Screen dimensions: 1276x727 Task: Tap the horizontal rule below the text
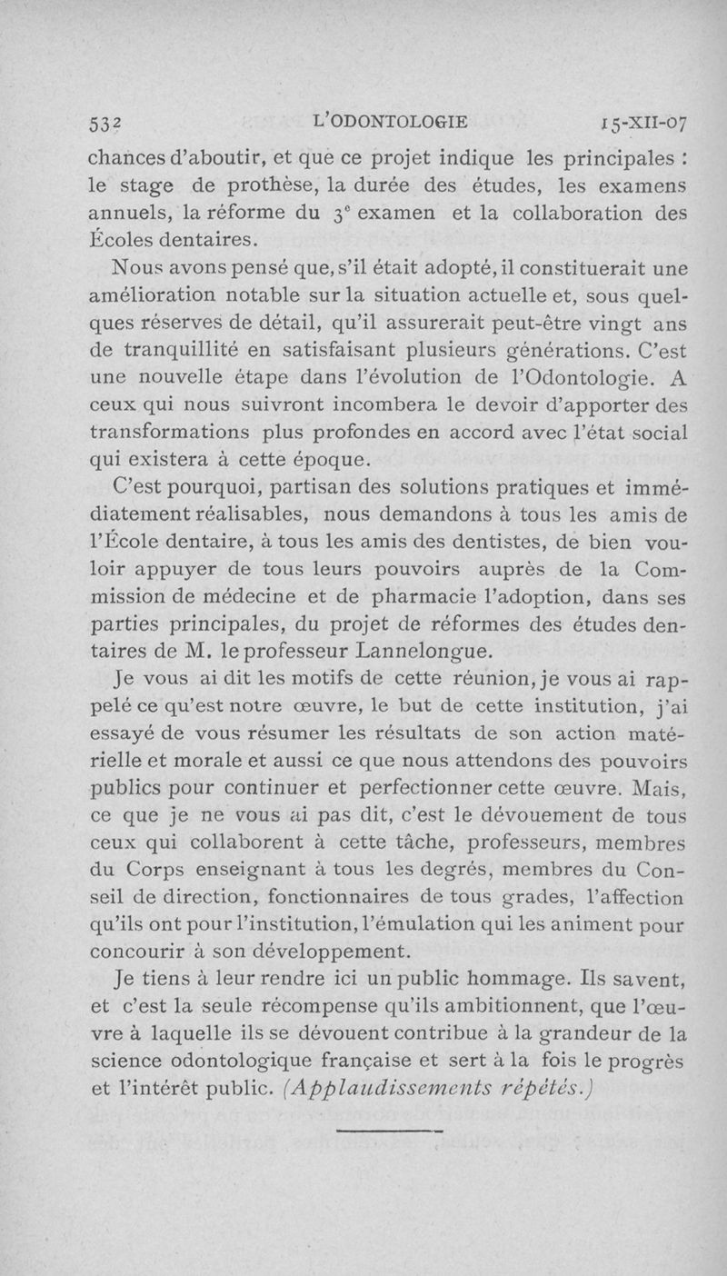tap(388, 1131)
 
